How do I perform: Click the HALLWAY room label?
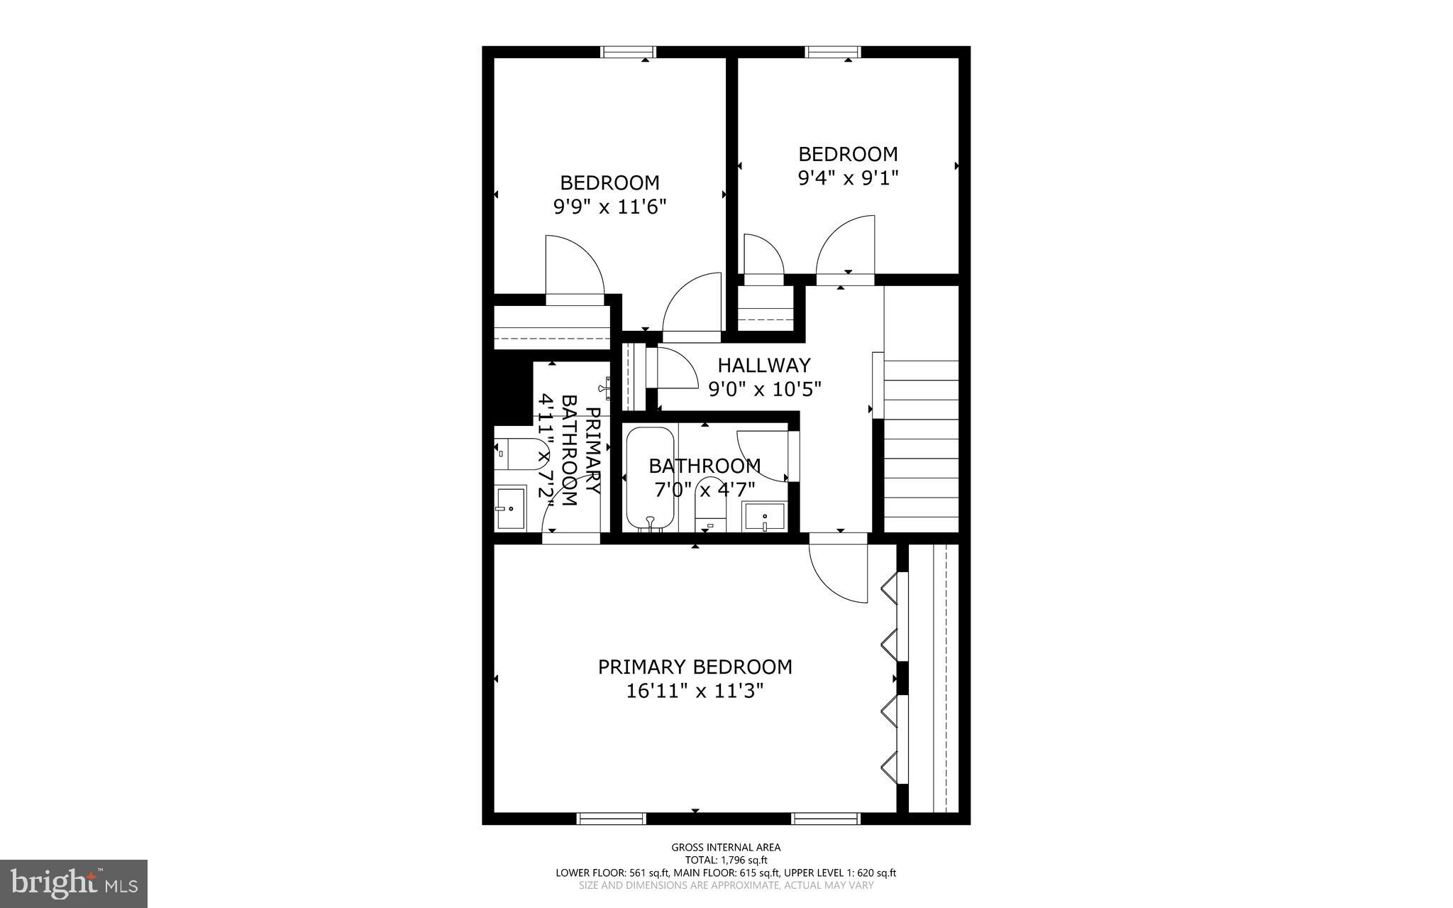pyautogui.click(x=763, y=366)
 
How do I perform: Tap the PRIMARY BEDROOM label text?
pyautogui.click(x=695, y=667)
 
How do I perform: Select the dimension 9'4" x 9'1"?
pyautogui.click(x=848, y=177)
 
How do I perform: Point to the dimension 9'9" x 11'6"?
pyautogui.click(x=609, y=207)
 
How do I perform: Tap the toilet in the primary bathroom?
pyautogui.click(x=509, y=454)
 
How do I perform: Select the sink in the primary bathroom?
pyautogui.click(x=510, y=508)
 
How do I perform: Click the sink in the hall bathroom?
pyautogui.click(x=764, y=516)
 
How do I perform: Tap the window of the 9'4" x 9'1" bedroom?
pyautogui.click(x=833, y=52)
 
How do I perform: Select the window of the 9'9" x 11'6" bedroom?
pyautogui.click(x=628, y=52)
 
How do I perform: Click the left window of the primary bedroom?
pyautogui.click(x=612, y=819)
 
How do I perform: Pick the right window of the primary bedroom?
pyautogui.click(x=826, y=819)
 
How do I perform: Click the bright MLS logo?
pyautogui.click(x=74, y=883)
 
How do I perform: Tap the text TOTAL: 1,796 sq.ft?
pyautogui.click(x=726, y=860)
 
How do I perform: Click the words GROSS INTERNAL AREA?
pyautogui.click(x=726, y=847)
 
